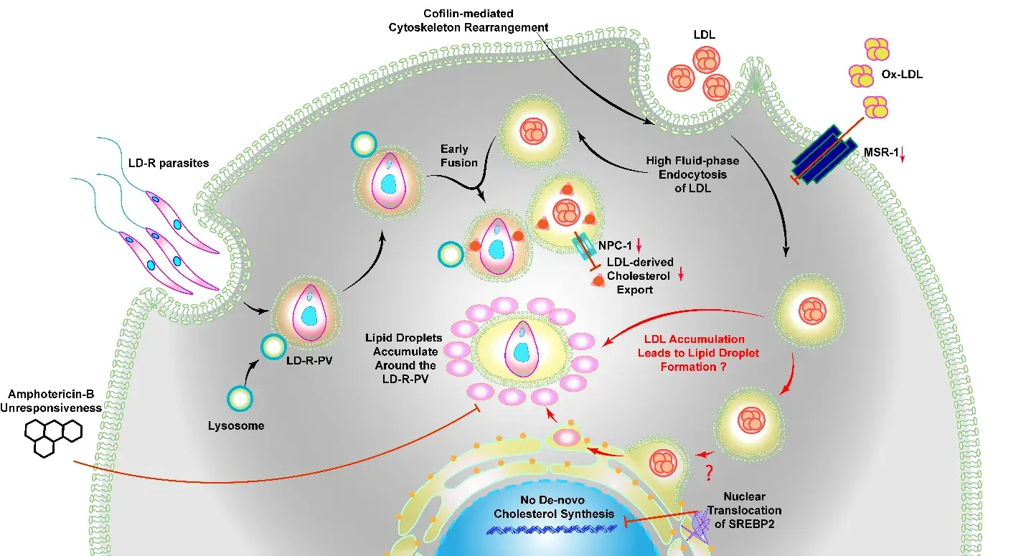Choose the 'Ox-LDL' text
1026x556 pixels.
coord(901,73)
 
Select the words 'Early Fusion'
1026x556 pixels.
coord(458,156)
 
